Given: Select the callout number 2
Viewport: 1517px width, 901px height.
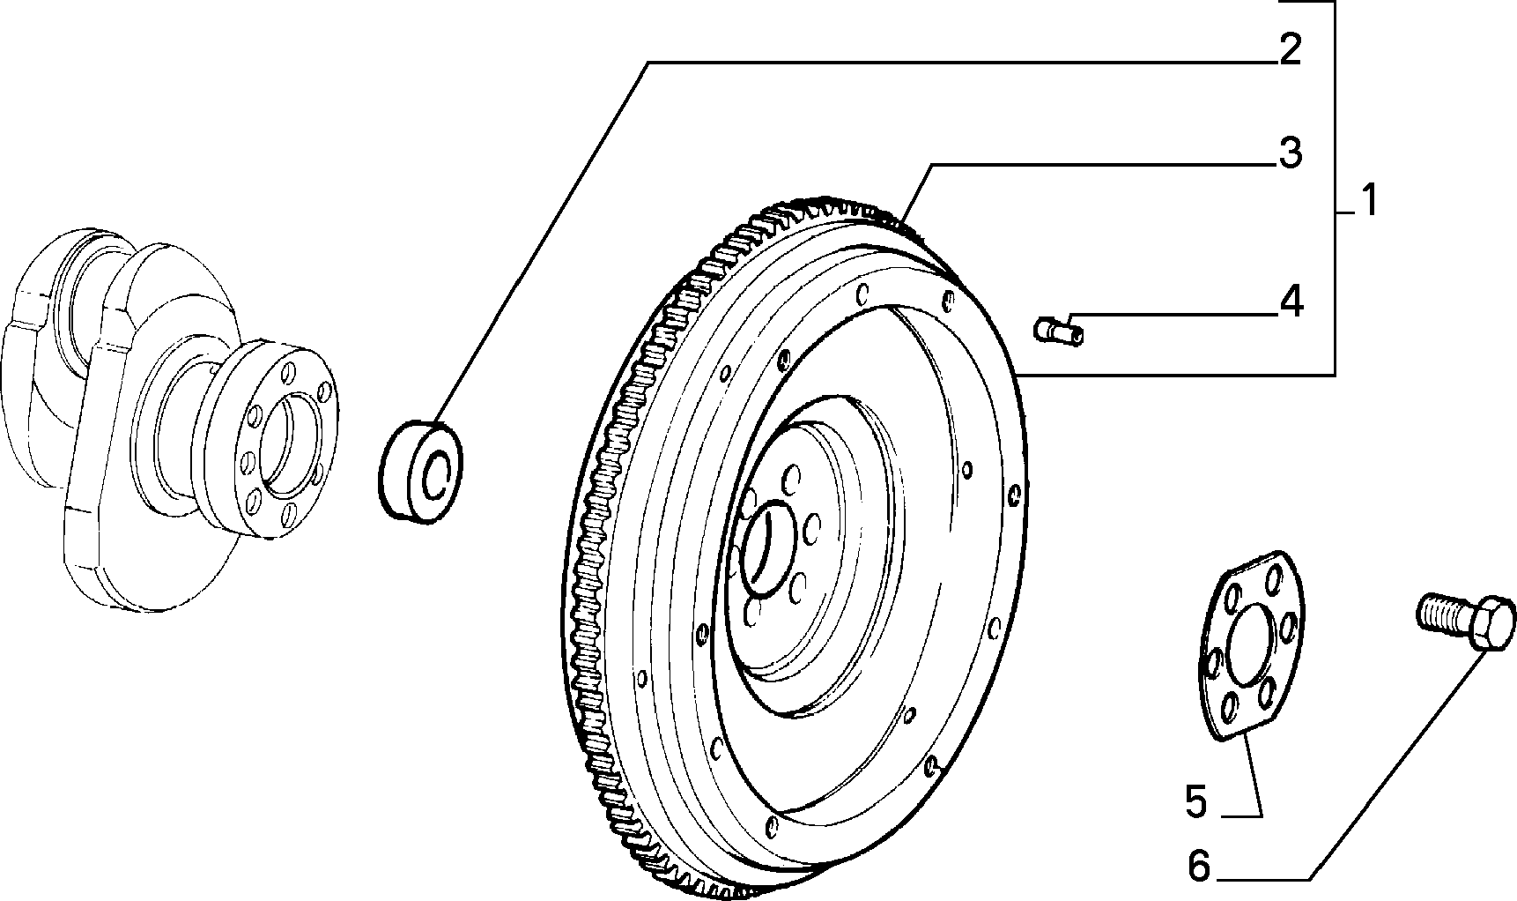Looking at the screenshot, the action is click(1290, 50).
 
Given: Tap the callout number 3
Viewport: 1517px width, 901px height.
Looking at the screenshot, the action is click(1290, 153).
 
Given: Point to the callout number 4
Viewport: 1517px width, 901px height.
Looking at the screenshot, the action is click(1291, 302).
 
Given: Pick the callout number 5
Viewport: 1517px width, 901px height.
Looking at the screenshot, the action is click(1195, 802).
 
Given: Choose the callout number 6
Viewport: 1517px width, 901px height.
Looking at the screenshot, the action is click(1199, 866).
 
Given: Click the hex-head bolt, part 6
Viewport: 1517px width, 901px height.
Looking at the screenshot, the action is click(1467, 621).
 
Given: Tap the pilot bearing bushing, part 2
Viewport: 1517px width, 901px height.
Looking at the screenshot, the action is click(422, 473).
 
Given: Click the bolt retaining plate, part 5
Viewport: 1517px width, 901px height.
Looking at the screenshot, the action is click(1250, 644).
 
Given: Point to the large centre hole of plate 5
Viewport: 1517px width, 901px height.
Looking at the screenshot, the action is click(1251, 648).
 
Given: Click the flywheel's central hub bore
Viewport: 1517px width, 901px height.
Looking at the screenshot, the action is click(767, 546).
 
